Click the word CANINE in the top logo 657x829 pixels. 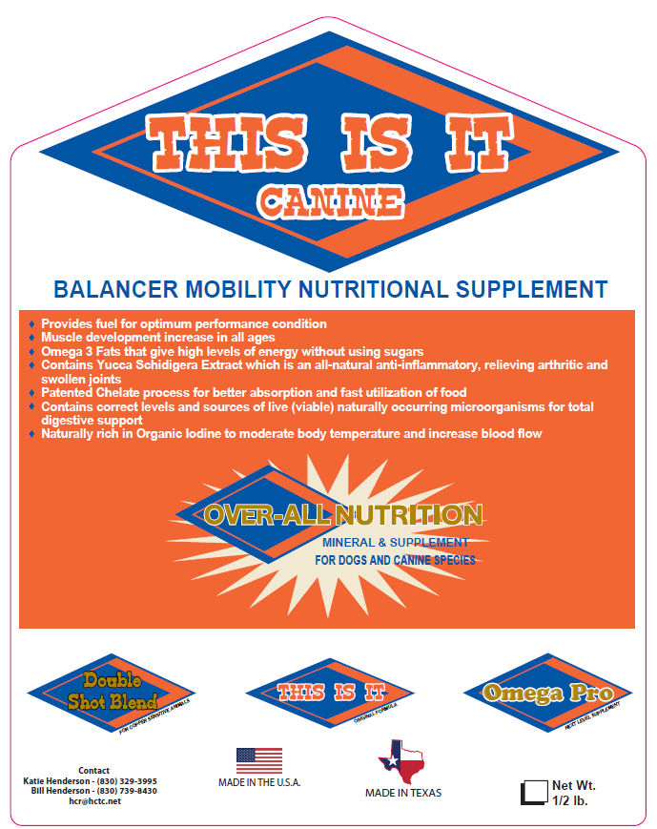click(330, 200)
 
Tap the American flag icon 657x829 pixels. click(259, 760)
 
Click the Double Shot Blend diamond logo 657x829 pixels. click(111, 693)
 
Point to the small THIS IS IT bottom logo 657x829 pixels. click(329, 693)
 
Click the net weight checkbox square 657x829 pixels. click(531, 794)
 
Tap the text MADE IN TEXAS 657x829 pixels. click(403, 793)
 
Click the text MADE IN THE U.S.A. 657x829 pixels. click(259, 782)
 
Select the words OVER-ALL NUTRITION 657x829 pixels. click(343, 516)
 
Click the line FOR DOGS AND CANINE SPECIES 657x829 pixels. click(395, 560)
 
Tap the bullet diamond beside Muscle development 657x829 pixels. click(33, 338)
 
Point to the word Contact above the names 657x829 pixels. click(94, 771)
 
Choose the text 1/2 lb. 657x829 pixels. click(569, 801)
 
